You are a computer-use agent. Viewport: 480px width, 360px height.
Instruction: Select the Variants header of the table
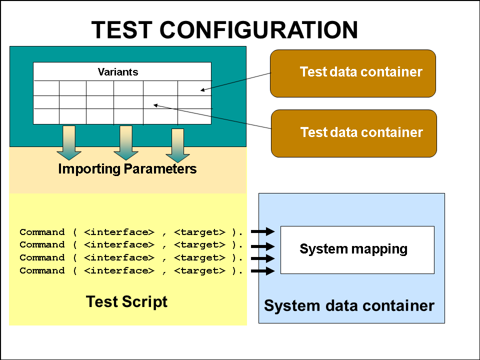pyautogui.click(x=118, y=72)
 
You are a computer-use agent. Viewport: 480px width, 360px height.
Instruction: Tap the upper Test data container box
pyautogui.click(x=353, y=73)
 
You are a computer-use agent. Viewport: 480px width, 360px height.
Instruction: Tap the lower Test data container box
pyautogui.click(x=353, y=133)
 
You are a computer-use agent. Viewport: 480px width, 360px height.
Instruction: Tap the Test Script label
pyautogui.click(x=126, y=301)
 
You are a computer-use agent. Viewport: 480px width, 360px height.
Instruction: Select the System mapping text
pyautogui.click(x=353, y=248)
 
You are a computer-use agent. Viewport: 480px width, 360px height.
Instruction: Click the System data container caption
pyautogui.click(x=349, y=305)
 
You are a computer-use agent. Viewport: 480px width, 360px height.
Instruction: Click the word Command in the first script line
pyautogui.click(x=42, y=232)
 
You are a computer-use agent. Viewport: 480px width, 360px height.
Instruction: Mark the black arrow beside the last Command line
pyautogui.click(x=263, y=271)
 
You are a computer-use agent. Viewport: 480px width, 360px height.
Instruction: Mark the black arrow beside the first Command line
pyautogui.click(x=263, y=231)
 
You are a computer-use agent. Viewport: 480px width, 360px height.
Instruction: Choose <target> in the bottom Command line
pyautogui.click(x=199, y=271)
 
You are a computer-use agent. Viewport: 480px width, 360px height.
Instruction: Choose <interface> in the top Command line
pyautogui.click(x=119, y=232)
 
